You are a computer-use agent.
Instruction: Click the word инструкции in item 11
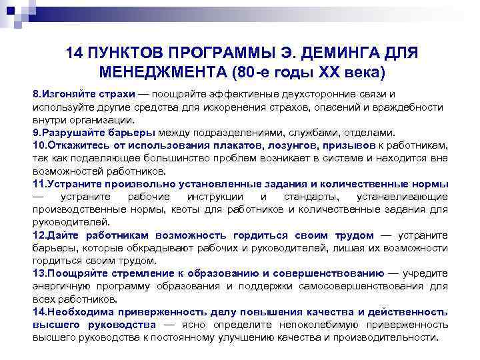pyautogui.click(x=220, y=197)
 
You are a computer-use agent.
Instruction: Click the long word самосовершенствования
pyautogui.click(x=361, y=286)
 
